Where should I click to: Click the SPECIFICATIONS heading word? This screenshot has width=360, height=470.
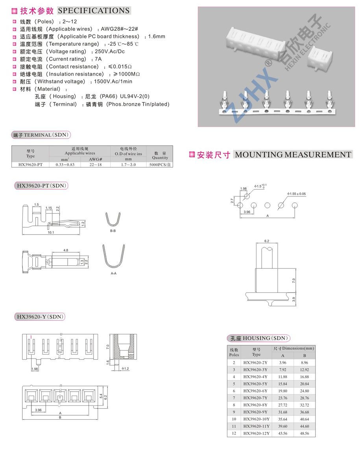click(94, 11)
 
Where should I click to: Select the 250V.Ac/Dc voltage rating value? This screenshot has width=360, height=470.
click(110, 52)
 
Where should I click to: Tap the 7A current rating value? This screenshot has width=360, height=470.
click(98, 59)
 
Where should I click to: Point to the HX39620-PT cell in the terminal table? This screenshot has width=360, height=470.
click(30, 165)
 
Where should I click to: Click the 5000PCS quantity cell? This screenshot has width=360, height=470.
click(160, 165)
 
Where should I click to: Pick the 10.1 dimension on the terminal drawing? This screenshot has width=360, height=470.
click(51, 232)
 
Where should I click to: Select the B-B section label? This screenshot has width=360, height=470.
click(113, 231)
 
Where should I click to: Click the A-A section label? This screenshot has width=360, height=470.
click(114, 273)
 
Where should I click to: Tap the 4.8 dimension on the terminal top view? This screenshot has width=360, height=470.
click(66, 250)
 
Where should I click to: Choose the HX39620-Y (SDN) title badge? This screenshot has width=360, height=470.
click(40, 317)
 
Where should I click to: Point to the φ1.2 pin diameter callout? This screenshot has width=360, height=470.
click(125, 368)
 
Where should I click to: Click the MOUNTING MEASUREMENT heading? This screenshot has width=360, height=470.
click(293, 155)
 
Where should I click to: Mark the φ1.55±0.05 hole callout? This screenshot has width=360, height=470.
click(297, 194)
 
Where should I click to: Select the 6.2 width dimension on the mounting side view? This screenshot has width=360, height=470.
click(266, 241)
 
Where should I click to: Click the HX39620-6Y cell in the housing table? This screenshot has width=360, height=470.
click(255, 391)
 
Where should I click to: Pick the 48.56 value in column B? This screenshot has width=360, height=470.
click(304, 433)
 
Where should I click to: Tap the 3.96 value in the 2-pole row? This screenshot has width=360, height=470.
click(283, 363)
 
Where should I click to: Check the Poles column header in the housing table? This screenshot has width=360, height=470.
click(234, 353)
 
